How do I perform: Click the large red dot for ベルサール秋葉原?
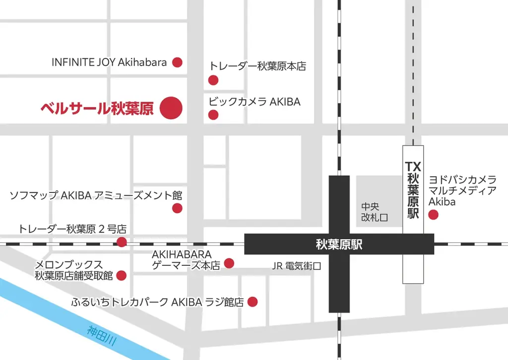point(171,108)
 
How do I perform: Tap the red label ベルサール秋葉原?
point(97,108)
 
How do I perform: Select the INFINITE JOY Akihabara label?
point(109,62)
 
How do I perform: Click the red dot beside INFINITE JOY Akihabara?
point(177,62)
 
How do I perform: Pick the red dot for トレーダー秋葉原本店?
point(213,80)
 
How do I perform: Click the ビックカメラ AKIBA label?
point(254,102)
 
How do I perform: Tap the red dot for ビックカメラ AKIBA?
point(213,115)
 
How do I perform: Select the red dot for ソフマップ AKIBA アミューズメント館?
point(177,208)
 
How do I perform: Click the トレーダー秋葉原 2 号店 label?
point(72,229)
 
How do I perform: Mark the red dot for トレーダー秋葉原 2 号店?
point(122,242)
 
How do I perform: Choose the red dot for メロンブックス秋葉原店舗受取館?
point(121,276)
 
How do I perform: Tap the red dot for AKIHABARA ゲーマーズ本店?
point(229,263)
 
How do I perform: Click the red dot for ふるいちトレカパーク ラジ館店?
point(253,301)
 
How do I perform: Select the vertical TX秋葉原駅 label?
point(413,190)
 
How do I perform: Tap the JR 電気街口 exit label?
point(297,266)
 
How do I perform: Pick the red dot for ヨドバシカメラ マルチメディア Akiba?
point(433,215)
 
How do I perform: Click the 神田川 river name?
point(102,336)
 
